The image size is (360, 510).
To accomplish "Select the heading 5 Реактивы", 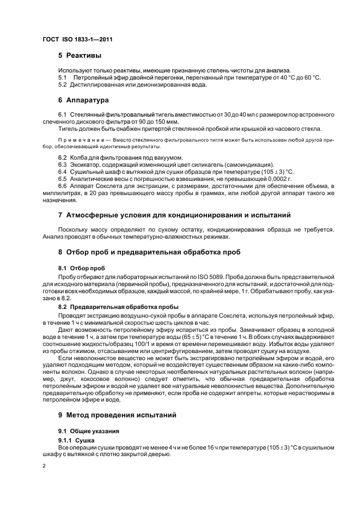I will coord(80,56).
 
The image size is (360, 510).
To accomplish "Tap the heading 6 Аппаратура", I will coord(83,100).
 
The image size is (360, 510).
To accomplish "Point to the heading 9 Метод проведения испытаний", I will coord(117,415).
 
